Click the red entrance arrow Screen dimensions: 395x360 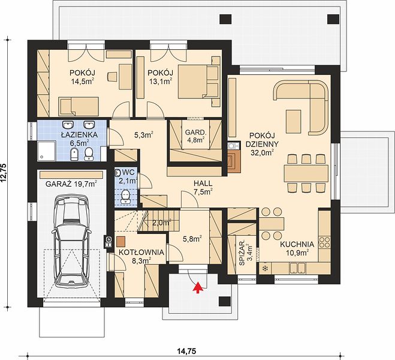pos(198,287)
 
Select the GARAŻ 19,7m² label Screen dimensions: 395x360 pos(71,184)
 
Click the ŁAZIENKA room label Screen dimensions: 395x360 pos(79,135)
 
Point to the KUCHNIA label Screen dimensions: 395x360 pos(297,244)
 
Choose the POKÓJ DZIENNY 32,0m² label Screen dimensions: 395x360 pos(262,144)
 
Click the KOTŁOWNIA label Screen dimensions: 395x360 pos(141,253)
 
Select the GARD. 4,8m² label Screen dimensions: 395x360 pos(196,136)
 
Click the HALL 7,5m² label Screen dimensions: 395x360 pos(203,188)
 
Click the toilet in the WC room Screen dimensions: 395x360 pos(125,197)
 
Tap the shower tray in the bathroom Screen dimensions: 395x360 pos(47,151)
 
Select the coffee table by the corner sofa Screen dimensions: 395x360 pos(294,122)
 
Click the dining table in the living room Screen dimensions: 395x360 pos(306,173)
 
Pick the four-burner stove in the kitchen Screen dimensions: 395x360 pos(324,242)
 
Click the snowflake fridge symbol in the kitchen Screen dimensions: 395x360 pos(265,268)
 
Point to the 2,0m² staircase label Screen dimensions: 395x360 pos(161,223)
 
